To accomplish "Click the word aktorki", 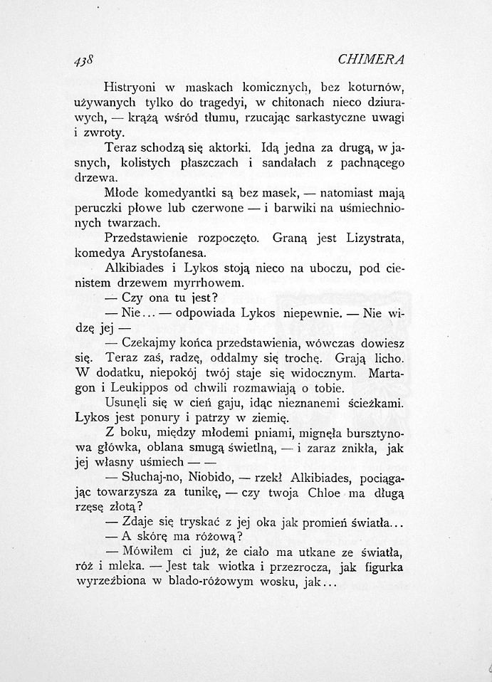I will [x=226, y=148].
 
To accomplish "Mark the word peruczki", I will [x=101, y=208].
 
